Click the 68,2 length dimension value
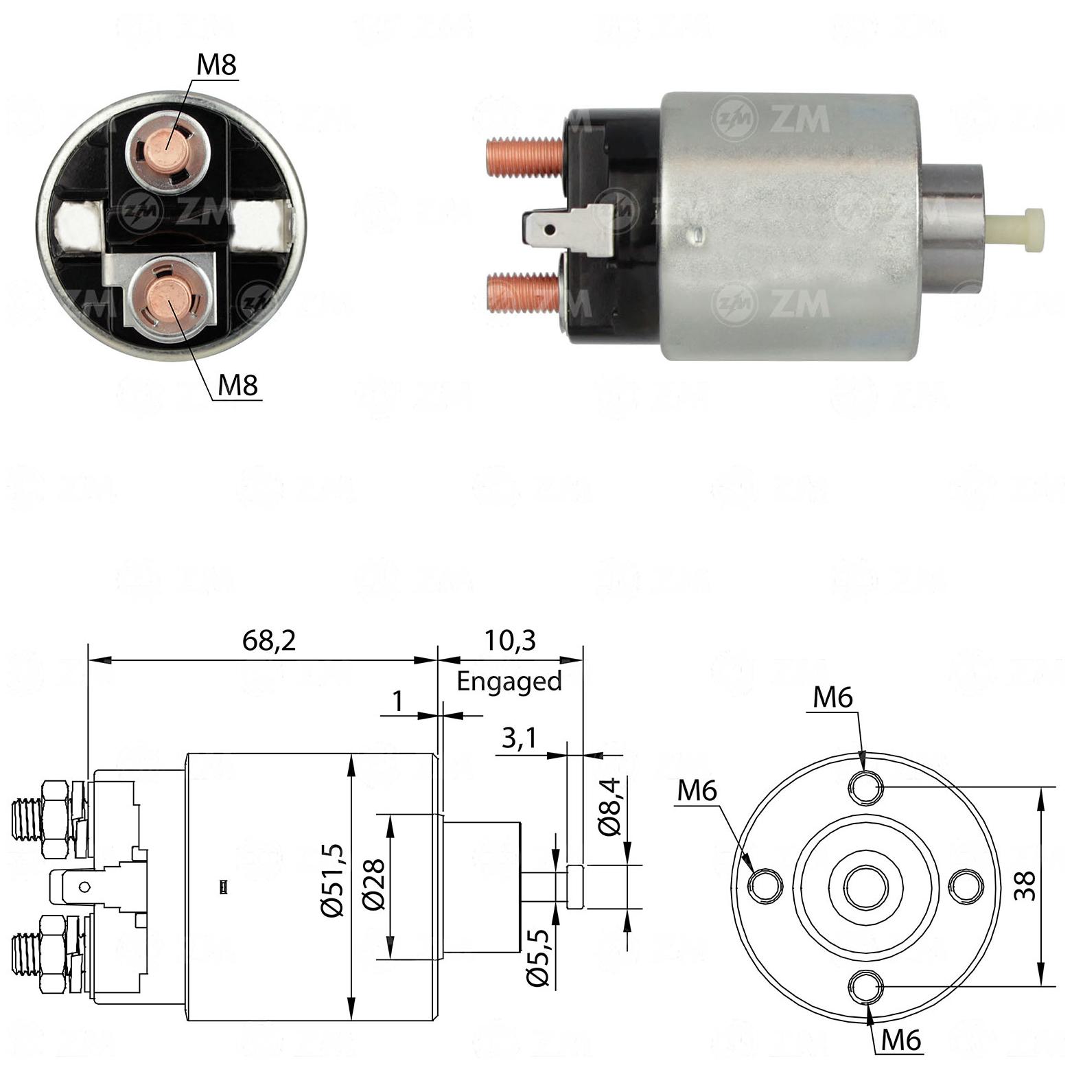(268, 640)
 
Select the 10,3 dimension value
(509, 640)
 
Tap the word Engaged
(509, 681)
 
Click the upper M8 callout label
(216, 65)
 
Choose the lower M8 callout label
(237, 385)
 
